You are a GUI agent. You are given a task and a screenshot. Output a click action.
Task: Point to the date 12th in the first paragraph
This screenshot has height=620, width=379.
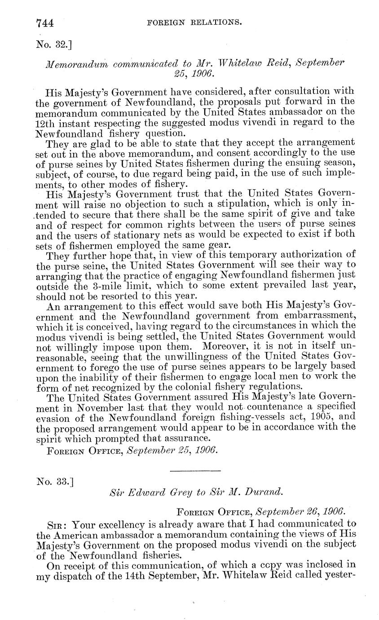click(45, 122)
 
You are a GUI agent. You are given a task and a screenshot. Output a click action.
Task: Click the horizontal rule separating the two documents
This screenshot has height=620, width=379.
click(196, 471)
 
